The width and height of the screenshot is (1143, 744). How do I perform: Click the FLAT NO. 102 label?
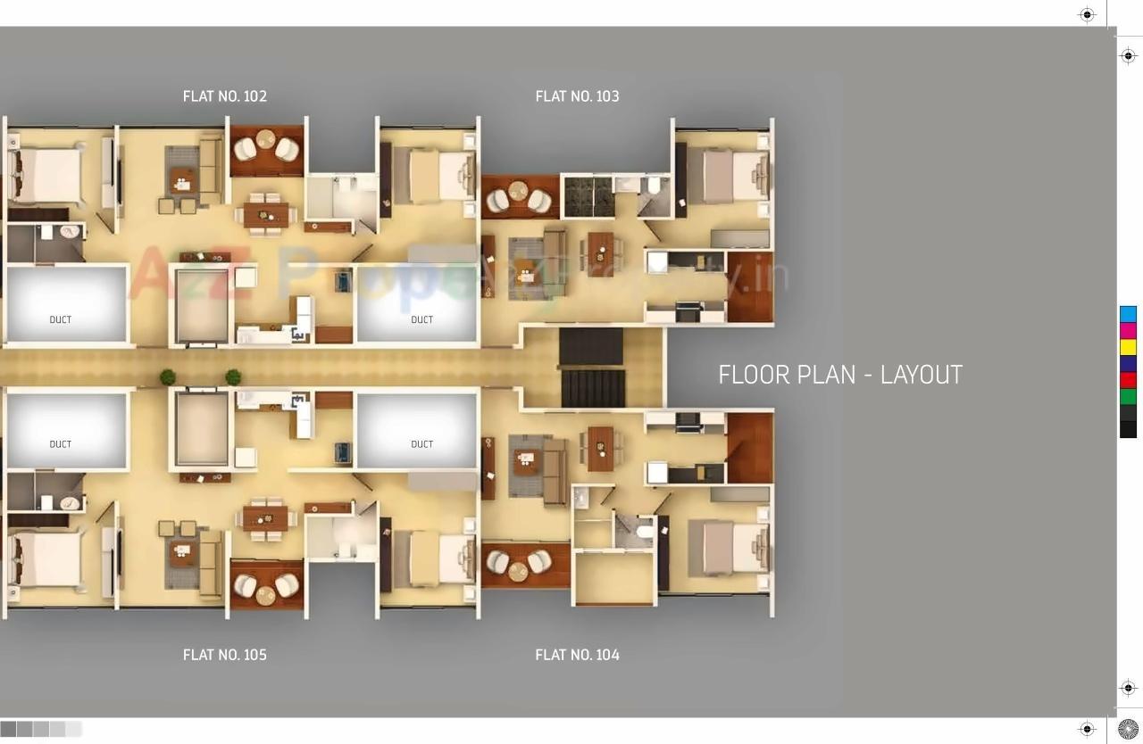coord(224,96)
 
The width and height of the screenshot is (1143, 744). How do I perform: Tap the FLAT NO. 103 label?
coord(577,96)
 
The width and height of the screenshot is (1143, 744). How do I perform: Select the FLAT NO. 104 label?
coord(577,655)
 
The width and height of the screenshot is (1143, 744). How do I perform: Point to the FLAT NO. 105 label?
coord(224,655)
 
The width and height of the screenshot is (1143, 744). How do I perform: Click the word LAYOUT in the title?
coord(921,375)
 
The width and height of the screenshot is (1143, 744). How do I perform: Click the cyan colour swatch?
coord(1128,314)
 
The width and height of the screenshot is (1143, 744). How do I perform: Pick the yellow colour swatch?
coord(1128,347)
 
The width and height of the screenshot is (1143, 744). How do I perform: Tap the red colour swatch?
coord(1128,380)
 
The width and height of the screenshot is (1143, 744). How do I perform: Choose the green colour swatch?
coord(1128,396)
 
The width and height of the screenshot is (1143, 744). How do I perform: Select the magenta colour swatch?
coord(1128,331)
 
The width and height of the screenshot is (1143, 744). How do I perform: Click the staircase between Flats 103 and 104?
coord(591,367)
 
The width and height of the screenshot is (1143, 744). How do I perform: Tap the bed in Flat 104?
coord(728,548)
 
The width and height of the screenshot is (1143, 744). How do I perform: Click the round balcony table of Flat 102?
coord(266,140)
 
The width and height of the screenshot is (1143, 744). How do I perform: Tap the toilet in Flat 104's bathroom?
coord(645,533)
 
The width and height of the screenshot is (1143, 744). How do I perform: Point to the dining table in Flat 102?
coord(266,214)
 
